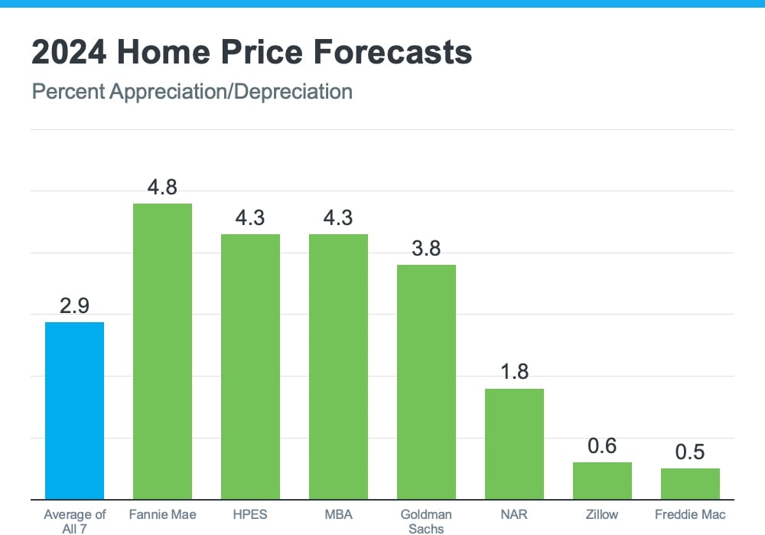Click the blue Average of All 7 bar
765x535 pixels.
tap(74, 410)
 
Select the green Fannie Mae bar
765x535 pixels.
tap(162, 351)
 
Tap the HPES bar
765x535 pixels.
tap(250, 367)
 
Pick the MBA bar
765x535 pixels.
tap(338, 367)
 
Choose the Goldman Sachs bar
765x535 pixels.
tap(426, 382)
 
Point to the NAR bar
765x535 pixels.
tap(514, 444)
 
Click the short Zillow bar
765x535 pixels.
tap(602, 481)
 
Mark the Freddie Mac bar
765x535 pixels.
tap(690, 484)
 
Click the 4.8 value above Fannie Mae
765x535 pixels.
tap(162, 188)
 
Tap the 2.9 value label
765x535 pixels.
tap(74, 306)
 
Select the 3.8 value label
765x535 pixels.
tap(426, 249)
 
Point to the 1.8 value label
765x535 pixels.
tap(514, 372)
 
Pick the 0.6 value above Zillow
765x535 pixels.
tap(602, 445)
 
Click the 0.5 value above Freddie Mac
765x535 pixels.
tap(690, 452)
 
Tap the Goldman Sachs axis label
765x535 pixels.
tap(426, 520)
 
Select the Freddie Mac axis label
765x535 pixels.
tap(690, 514)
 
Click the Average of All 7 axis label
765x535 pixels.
tap(74, 520)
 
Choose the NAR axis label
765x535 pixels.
tap(514, 514)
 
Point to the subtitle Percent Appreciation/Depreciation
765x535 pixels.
tap(192, 92)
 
